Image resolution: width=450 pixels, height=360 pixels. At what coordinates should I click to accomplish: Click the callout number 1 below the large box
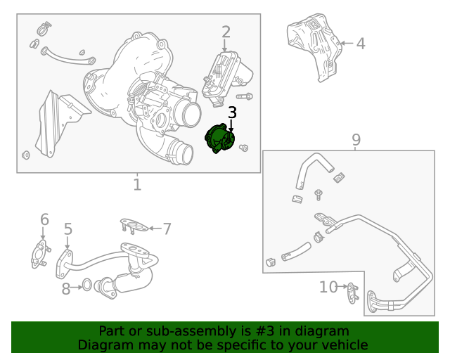(x=137, y=185)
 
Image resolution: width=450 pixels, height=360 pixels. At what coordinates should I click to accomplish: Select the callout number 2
(x=226, y=32)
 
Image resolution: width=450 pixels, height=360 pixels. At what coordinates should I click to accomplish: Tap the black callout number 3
(x=232, y=112)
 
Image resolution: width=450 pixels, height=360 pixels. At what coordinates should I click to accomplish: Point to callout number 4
(x=360, y=44)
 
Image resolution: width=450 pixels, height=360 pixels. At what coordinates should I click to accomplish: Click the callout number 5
(x=68, y=229)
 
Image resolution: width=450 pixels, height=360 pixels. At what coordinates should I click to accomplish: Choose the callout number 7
(x=167, y=228)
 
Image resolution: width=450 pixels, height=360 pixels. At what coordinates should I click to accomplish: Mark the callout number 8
(x=66, y=288)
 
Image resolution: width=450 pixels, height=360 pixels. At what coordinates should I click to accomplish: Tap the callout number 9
(x=356, y=139)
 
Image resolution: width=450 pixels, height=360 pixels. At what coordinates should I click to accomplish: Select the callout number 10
(x=328, y=287)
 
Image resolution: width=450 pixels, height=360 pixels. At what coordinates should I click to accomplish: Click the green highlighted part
(x=219, y=138)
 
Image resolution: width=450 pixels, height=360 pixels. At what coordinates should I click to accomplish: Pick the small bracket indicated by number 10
(x=352, y=290)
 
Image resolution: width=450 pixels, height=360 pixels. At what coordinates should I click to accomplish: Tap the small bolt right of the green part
(x=244, y=148)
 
